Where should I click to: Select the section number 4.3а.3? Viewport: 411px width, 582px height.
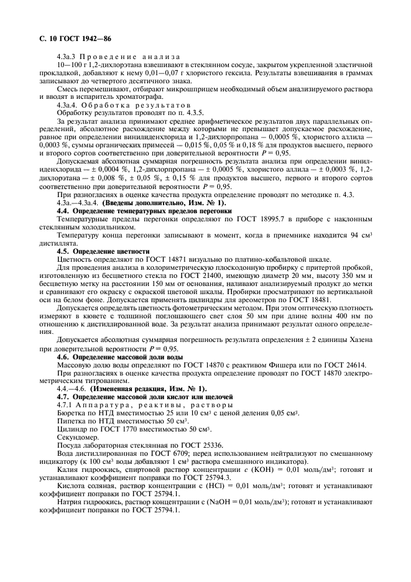[67, 58]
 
